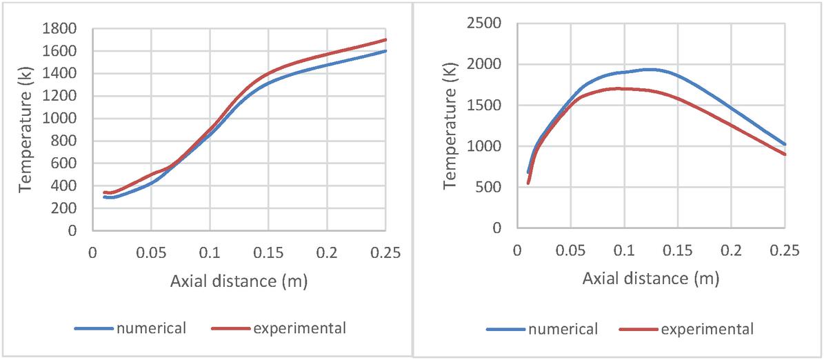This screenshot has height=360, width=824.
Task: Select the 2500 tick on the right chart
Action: (488, 24)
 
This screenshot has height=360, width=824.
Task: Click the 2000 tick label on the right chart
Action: (488, 65)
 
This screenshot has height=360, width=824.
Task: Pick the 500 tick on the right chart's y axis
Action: (493, 188)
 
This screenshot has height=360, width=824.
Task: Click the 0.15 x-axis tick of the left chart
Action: (268, 252)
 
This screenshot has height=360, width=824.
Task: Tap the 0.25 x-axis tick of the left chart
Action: (385, 252)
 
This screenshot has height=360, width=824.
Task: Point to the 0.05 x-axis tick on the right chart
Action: (571, 250)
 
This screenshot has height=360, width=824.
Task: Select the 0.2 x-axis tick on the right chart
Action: (731, 250)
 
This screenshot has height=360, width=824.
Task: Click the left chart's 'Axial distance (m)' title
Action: (239, 281)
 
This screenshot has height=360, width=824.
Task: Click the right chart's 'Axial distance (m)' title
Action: (650, 279)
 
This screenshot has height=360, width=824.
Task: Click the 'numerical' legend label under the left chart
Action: (152, 328)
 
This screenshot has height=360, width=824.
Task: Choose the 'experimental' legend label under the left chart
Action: (299, 328)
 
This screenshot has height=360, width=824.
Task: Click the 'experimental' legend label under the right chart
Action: (707, 329)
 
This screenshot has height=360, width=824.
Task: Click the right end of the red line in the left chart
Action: (385, 39)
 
